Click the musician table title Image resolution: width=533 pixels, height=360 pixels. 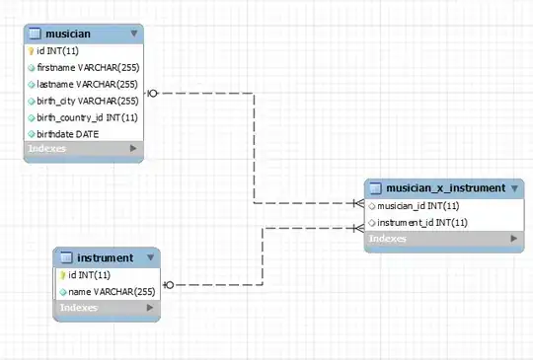coord(68,34)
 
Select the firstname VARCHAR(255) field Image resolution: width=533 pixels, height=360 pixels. coord(88,68)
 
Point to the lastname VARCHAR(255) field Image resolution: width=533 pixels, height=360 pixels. coord(87,84)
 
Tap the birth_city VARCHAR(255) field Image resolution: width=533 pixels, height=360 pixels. coord(88,101)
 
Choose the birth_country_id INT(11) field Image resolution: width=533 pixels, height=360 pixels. coord(87,117)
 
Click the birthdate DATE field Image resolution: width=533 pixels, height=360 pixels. coord(68,134)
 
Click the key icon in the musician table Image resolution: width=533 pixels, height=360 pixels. coord(31,51)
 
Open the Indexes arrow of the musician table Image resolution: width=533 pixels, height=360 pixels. coord(133,148)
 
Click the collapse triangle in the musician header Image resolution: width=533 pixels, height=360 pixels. coord(134,34)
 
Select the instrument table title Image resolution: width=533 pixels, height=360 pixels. coord(105,258)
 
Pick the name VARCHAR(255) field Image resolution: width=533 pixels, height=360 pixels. coord(112,292)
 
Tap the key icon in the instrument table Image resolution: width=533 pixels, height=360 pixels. coord(62,275)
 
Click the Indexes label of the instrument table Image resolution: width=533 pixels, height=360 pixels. coord(79,308)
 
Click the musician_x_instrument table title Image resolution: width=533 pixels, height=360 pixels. coord(445,188)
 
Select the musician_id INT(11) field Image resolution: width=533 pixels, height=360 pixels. coord(419,206)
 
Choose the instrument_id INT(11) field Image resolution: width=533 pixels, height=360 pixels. coord(422,223)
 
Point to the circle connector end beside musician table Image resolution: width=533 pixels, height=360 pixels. coord(153,93)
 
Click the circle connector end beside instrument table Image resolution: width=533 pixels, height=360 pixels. coord(169,285)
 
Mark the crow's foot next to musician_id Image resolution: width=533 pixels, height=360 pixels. coord(358,203)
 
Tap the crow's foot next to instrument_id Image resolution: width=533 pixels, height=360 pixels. coord(358,228)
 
